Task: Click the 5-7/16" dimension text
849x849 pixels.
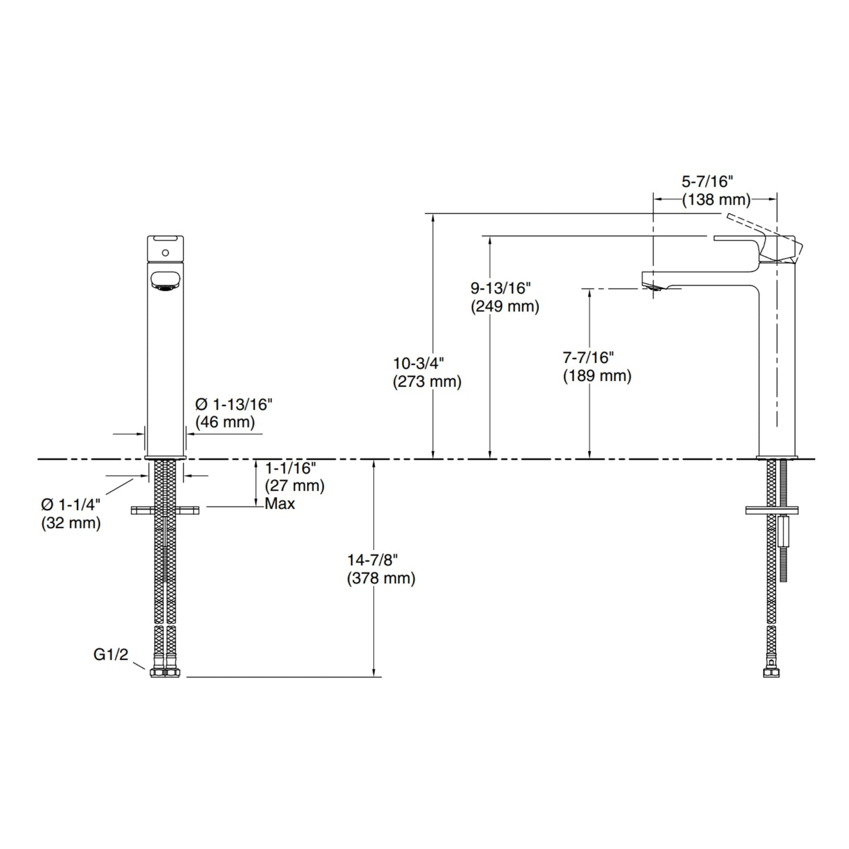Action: pyautogui.click(x=707, y=182)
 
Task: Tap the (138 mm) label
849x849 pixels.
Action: pyautogui.click(x=716, y=200)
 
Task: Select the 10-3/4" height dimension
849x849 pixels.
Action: pyautogui.click(x=418, y=363)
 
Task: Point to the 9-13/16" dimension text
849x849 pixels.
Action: pyautogui.click(x=501, y=288)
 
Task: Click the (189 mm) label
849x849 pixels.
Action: pyautogui.click(x=597, y=376)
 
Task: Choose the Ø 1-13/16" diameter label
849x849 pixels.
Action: pyautogui.click(x=234, y=404)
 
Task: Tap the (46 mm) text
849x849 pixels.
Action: pyautogui.click(x=225, y=422)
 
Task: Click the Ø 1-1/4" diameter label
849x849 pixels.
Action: pyautogui.click(x=71, y=505)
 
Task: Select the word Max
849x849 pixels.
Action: pyautogui.click(x=280, y=504)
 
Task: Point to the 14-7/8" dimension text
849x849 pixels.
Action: pyautogui.click(x=373, y=560)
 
